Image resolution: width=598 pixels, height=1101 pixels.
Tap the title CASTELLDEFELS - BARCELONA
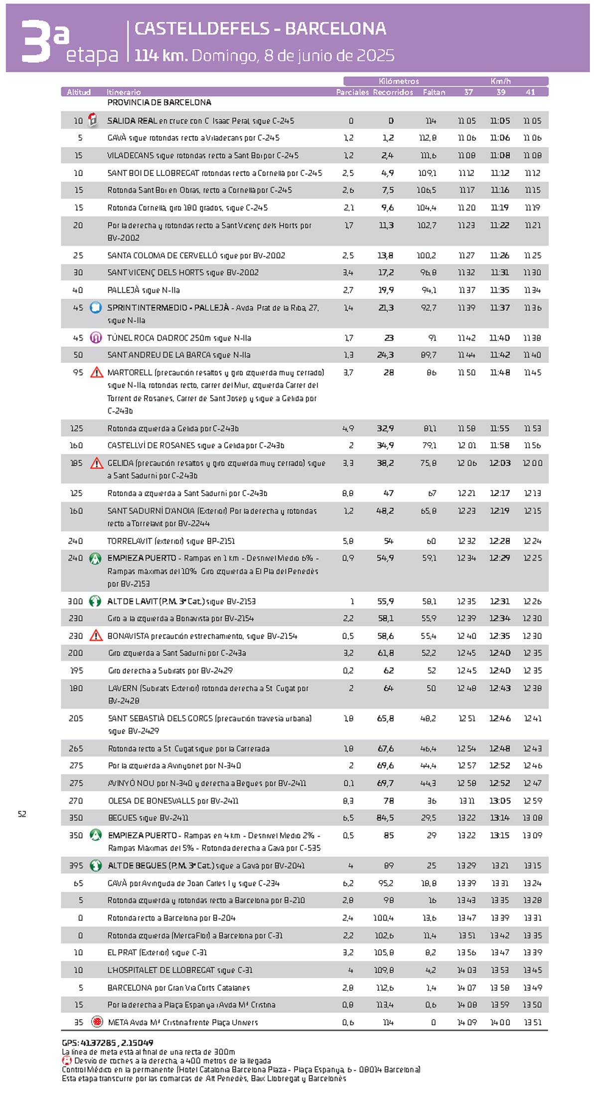260,29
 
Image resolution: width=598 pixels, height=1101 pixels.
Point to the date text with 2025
293,55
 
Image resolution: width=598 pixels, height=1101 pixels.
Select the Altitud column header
79,92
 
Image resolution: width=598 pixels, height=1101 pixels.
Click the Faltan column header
434,92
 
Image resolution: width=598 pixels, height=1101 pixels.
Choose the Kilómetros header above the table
399,81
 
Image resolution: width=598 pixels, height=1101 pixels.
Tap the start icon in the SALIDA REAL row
93,120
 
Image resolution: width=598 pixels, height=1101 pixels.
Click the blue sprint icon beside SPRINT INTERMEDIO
96,308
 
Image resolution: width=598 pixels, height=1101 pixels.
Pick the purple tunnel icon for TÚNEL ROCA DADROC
96,338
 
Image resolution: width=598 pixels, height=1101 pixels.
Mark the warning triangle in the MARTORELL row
97,372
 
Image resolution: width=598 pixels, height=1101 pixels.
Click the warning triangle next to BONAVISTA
96,636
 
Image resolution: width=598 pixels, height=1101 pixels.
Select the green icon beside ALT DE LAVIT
95,601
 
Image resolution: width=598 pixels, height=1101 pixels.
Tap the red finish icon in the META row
97,1022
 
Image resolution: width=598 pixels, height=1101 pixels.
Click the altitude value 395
76,866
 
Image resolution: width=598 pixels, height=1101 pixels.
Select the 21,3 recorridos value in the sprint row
386,308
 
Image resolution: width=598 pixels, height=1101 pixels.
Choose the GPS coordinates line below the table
107,1043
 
